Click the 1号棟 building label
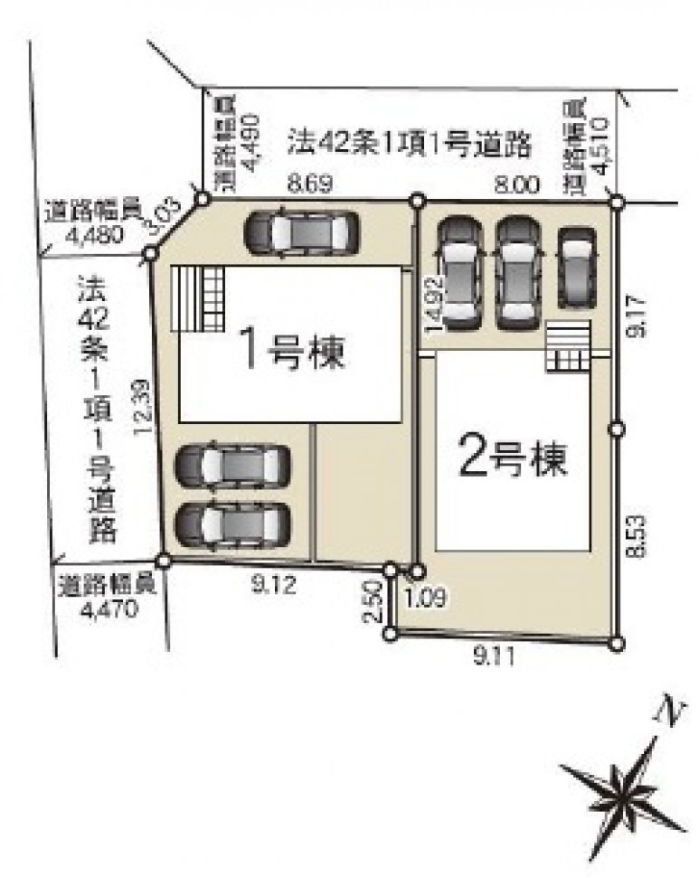pyautogui.click(x=290, y=349)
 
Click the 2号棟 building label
pyautogui.click(x=512, y=460)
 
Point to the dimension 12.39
pyautogui.click(x=142, y=407)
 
